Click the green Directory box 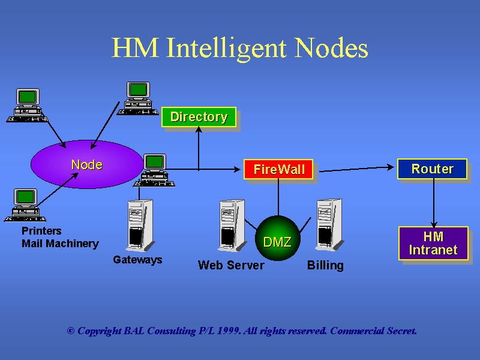pos(199,117)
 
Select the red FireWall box pos(278,169)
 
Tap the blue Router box pos(432,169)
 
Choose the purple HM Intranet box pos(433,243)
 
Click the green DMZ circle pos(277,242)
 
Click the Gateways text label pos(137,260)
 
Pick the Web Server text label pos(231,265)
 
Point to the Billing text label pos(325,265)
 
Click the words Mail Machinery pos(60,244)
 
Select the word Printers pos(41,231)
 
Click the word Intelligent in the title pos(232,47)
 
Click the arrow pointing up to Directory pos(199,147)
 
